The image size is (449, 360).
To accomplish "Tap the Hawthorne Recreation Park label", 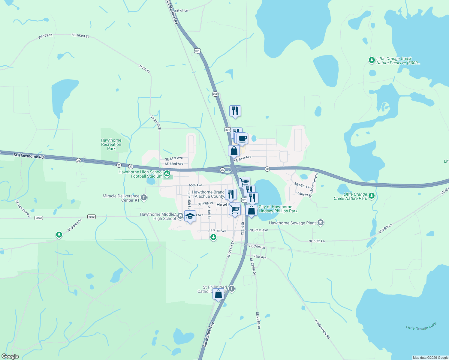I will (x=111, y=144).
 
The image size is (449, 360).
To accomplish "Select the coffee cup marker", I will (x=242, y=139).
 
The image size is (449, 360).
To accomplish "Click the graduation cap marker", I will (x=190, y=216).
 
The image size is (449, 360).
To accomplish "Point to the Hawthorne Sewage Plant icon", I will (x=321, y=223).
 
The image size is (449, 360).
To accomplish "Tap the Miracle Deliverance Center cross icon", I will (x=144, y=197).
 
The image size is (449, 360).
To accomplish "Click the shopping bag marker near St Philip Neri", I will (x=218, y=294).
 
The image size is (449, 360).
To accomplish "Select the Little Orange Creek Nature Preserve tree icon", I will (x=372, y=60).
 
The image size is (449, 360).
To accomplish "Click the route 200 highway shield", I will (x=215, y=94).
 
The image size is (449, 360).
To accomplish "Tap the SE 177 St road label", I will (x=45, y=36).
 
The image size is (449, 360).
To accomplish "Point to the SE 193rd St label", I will (x=80, y=36).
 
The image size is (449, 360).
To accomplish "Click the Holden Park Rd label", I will (x=322, y=329).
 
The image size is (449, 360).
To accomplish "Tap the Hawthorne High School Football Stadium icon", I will (x=167, y=174).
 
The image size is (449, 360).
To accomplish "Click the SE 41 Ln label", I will (x=181, y=10).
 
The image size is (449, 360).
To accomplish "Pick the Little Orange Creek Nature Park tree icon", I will (x=372, y=196).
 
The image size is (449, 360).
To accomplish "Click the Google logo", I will (x=10, y=356).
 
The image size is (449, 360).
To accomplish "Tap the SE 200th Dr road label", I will (x=74, y=225).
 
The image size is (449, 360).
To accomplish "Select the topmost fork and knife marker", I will (x=235, y=111).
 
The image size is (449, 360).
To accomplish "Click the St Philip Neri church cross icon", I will (x=231, y=289).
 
